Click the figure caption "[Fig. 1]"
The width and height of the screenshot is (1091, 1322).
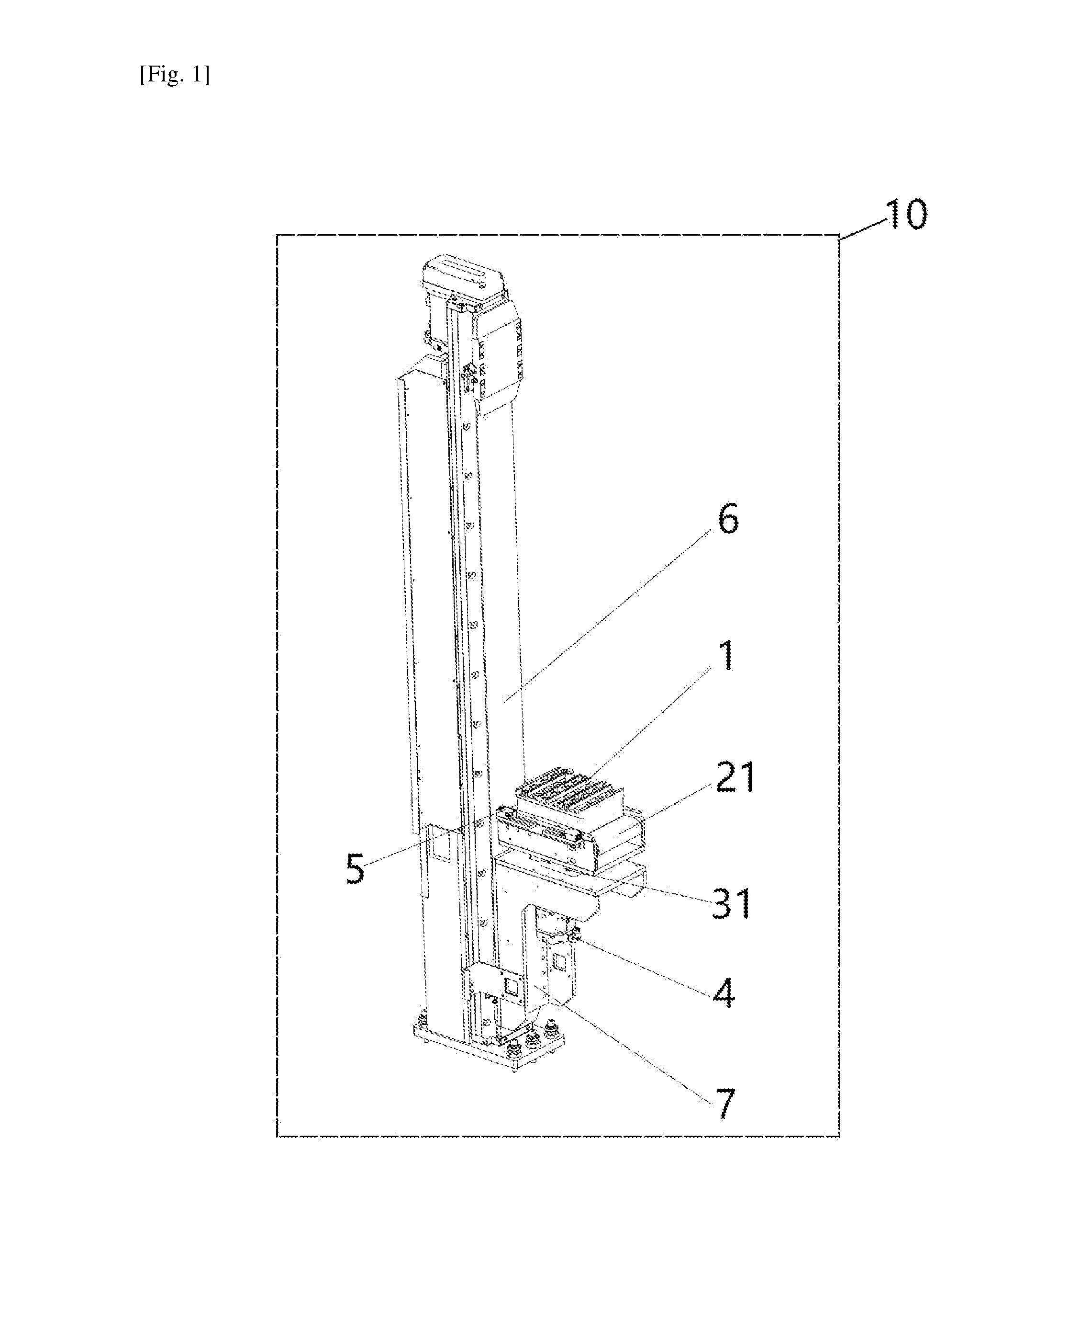(x=175, y=75)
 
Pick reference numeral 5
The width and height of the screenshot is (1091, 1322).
(x=355, y=869)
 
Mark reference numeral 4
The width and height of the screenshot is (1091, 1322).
(x=724, y=994)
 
